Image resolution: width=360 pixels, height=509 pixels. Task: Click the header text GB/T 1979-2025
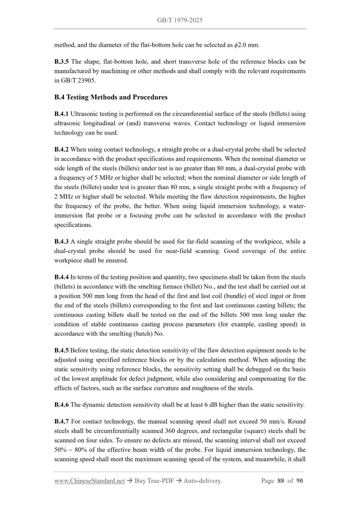[x=180, y=20]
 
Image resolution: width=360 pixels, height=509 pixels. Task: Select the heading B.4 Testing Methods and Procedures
[x=111, y=97]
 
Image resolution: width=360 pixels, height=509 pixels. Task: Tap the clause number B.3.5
[x=62, y=62]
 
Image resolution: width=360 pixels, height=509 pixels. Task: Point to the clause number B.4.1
[x=62, y=113]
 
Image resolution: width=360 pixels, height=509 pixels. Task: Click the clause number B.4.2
[x=62, y=150]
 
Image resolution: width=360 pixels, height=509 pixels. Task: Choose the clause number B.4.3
[x=62, y=242]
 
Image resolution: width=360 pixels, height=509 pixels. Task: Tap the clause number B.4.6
[x=62, y=405]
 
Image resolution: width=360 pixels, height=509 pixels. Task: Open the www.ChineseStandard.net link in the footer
[x=89, y=481]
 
